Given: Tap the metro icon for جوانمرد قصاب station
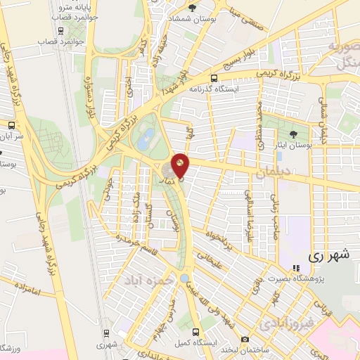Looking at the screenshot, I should [x=61, y=31].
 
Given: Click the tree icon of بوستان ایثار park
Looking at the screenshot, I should [x=295, y=134].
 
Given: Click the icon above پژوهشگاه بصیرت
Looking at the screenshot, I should [x=296, y=268].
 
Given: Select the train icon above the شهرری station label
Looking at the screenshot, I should [x=105, y=333].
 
